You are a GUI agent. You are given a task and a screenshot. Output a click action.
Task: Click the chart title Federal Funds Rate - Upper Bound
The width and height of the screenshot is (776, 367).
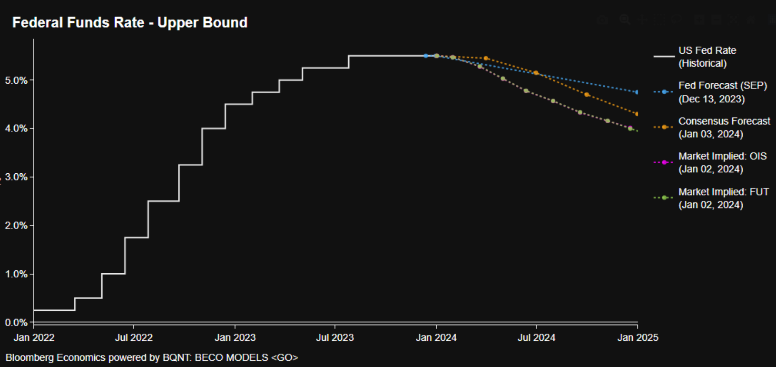click(129, 22)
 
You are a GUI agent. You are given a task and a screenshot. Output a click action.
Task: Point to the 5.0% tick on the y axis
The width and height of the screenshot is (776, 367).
click(16, 80)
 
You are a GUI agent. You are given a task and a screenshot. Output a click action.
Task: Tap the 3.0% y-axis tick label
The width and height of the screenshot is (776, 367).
click(16, 177)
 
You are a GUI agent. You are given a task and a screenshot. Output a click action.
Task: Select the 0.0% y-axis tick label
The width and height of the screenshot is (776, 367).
click(16, 322)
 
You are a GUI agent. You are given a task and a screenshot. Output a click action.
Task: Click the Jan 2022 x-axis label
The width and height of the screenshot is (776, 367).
click(34, 337)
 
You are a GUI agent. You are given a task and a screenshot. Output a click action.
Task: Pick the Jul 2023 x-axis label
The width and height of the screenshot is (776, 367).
click(335, 337)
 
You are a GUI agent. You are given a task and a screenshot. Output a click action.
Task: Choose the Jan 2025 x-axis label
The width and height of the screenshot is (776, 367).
click(638, 337)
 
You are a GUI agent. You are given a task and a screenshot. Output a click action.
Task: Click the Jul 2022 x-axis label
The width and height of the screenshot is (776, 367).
click(134, 337)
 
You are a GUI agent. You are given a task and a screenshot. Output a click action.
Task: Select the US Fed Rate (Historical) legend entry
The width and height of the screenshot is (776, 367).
click(707, 57)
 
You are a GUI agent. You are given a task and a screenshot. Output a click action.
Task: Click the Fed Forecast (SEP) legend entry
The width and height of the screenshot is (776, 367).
click(722, 92)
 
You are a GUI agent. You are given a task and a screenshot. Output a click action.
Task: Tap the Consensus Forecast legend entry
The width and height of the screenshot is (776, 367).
click(724, 128)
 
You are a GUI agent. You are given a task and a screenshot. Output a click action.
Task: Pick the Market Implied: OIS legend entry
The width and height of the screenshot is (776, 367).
click(722, 162)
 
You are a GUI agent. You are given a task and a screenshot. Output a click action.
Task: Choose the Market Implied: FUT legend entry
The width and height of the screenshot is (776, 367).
click(723, 198)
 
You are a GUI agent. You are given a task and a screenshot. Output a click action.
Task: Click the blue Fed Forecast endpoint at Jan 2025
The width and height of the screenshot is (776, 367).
click(637, 92)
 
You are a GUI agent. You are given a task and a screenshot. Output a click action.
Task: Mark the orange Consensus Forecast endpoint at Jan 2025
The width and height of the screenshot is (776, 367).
click(637, 114)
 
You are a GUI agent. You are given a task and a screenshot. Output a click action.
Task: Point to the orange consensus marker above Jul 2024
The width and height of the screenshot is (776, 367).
click(536, 73)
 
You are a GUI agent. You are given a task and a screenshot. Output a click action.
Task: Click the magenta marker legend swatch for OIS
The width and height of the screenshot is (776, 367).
click(664, 162)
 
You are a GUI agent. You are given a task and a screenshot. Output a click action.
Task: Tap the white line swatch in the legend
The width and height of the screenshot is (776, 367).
click(664, 56)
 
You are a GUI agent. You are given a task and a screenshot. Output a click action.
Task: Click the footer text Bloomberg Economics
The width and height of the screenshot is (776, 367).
click(55, 357)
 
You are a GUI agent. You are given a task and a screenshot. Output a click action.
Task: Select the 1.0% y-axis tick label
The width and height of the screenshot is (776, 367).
click(16, 274)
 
